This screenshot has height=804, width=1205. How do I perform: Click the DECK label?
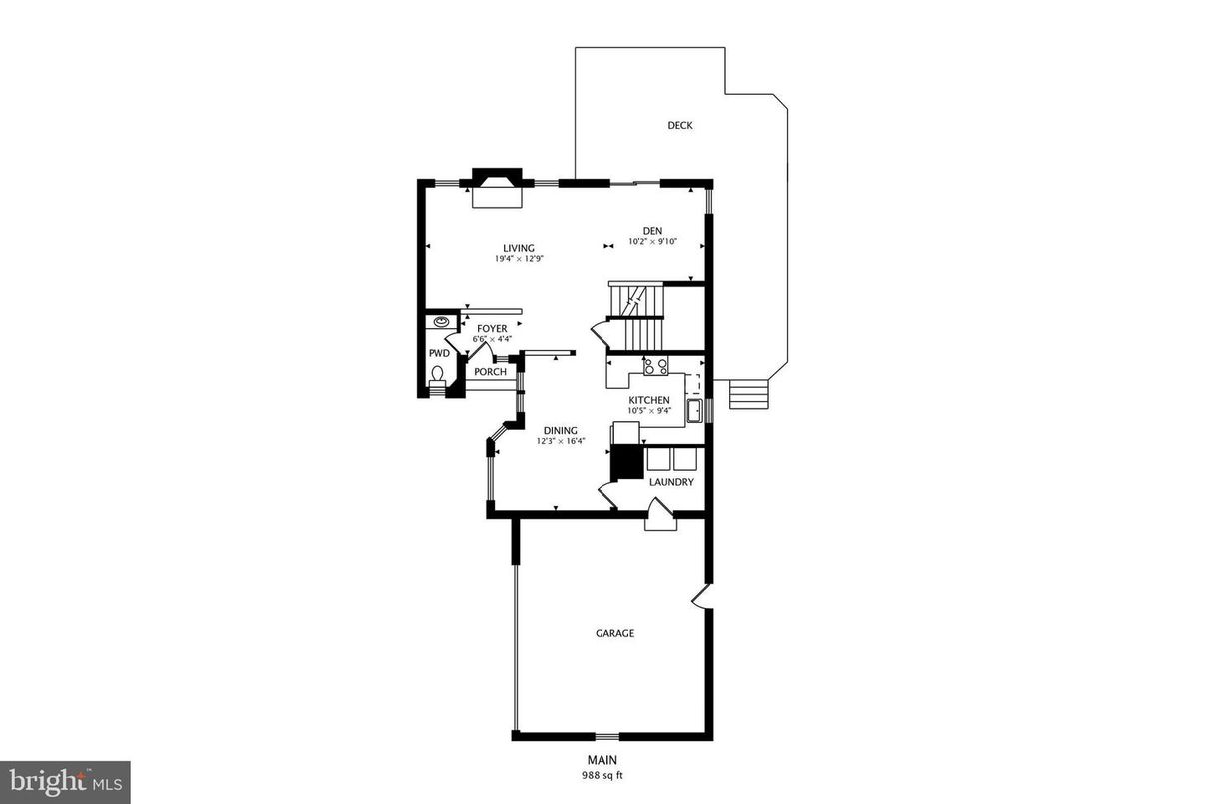[x=679, y=126]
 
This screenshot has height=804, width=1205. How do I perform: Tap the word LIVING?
[x=518, y=249]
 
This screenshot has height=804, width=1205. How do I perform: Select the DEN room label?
[x=652, y=231]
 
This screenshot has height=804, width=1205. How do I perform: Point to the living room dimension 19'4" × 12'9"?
[x=518, y=259]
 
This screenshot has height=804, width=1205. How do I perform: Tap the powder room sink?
[x=441, y=321]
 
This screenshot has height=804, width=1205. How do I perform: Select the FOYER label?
[x=491, y=329]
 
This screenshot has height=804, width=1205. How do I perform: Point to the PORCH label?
[x=490, y=372]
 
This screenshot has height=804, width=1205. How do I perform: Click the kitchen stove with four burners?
[x=655, y=366]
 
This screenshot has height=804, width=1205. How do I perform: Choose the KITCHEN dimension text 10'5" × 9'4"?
[x=649, y=410]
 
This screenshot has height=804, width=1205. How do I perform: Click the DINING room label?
[x=561, y=431]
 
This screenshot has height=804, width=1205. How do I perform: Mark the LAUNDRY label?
[x=671, y=482]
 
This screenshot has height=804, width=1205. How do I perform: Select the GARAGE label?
[x=614, y=633]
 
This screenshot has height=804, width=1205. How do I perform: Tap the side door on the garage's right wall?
[x=703, y=597]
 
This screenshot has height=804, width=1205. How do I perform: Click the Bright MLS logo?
[x=65, y=781]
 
